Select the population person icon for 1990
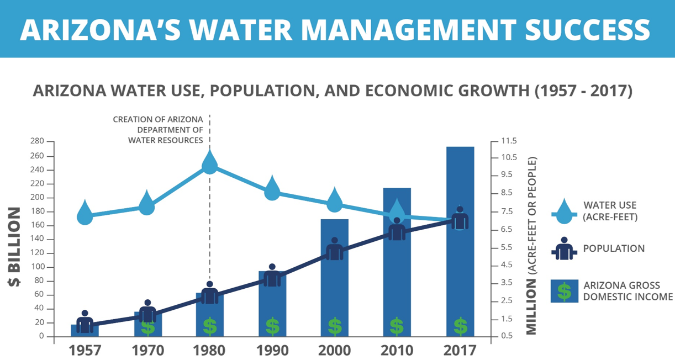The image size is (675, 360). click(272, 276)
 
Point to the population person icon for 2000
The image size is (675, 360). click(334, 249)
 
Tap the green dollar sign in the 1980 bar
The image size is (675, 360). click(210, 326)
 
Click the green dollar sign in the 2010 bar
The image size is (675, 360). click(397, 326)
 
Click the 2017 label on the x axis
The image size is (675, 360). click(460, 351)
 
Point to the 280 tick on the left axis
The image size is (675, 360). click(38, 142)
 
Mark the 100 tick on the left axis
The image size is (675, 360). click(38, 267)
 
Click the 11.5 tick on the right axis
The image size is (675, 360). click(508, 142)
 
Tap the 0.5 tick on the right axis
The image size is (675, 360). click(505, 336)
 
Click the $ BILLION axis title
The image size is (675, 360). click(13, 246)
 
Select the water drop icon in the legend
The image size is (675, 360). click(564, 210)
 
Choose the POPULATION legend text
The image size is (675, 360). click(614, 248)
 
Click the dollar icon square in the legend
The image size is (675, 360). click(564, 291)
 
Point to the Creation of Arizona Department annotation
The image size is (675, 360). click(158, 130)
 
